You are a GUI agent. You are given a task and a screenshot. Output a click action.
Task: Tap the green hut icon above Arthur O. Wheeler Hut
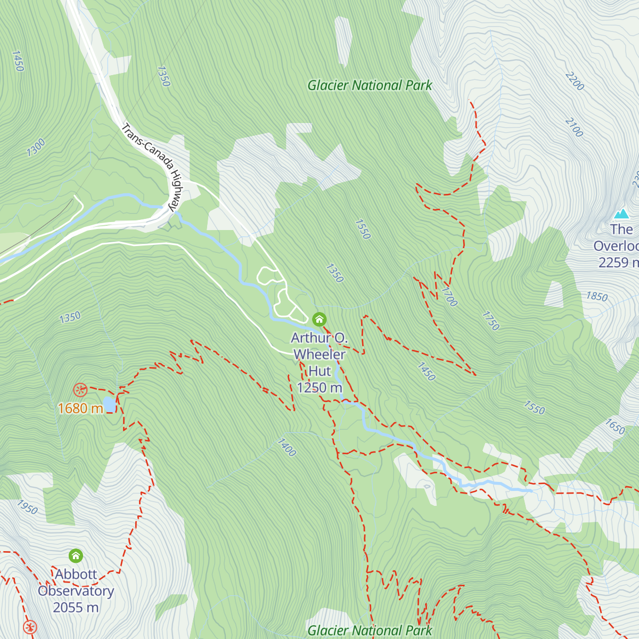(319, 319)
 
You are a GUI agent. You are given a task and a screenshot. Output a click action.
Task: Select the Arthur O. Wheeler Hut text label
(319, 354)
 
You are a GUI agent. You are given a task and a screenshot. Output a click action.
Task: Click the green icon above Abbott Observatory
(76, 556)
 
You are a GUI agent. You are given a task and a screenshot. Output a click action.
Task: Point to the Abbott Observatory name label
(76, 583)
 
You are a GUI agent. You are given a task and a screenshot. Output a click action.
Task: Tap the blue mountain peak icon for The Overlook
(621, 214)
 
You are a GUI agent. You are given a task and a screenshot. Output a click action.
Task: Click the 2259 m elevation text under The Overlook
(618, 263)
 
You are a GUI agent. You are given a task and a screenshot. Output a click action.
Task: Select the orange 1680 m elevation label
(80, 408)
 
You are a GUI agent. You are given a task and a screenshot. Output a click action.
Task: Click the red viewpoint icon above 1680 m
(80, 390)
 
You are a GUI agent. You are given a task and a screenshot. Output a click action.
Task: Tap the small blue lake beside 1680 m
(110, 405)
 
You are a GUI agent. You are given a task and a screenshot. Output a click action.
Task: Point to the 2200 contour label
(575, 81)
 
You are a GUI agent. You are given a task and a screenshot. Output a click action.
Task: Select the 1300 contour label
(36, 147)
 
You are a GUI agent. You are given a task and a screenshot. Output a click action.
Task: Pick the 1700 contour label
(449, 297)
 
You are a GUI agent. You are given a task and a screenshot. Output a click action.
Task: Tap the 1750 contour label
(490, 321)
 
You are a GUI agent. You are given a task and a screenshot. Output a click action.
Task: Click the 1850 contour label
(596, 297)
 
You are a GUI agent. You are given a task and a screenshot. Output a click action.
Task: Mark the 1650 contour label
(615, 427)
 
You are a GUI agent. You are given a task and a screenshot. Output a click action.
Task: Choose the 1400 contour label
(286, 447)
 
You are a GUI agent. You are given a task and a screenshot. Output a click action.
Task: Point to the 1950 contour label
(27, 507)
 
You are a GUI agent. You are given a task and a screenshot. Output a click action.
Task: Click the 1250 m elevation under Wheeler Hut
(319, 388)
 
